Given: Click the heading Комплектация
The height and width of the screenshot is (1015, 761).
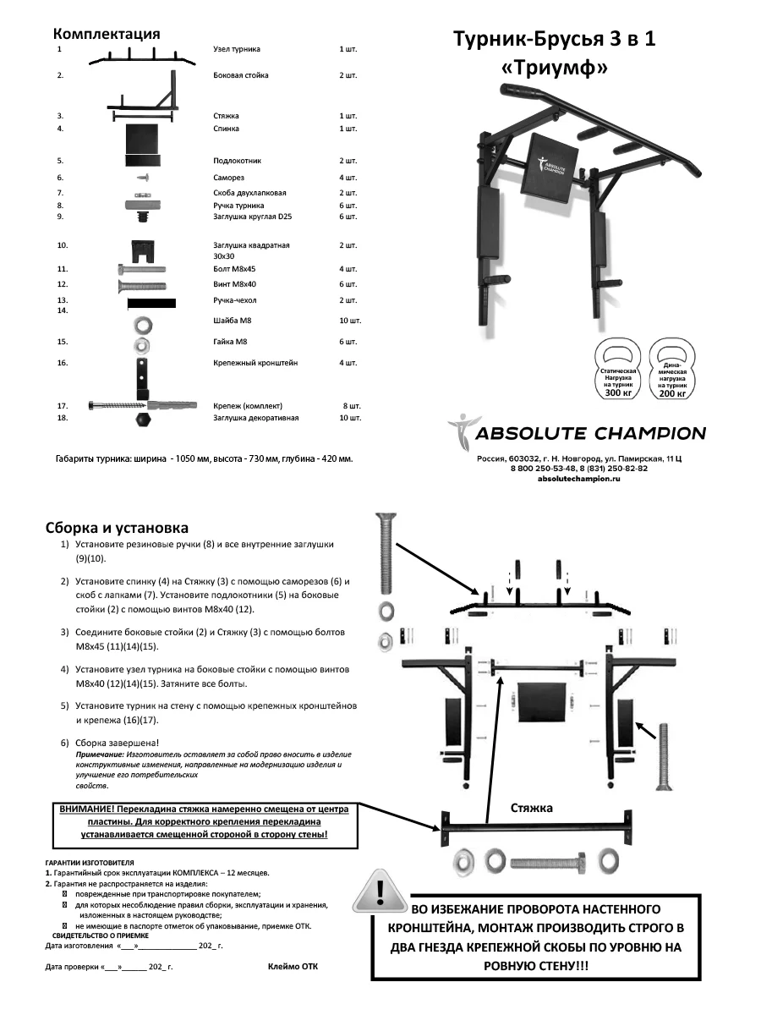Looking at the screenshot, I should point(107,35).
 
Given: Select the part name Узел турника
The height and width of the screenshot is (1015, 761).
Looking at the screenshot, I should point(237,50).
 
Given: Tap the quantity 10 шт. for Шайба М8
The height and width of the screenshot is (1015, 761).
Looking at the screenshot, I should point(349,321).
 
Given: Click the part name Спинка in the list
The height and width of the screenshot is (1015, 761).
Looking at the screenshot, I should point(226,129).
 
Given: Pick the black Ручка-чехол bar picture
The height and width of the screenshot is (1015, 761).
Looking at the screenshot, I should point(151,302).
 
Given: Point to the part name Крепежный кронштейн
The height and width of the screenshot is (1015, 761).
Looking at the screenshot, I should point(255,363).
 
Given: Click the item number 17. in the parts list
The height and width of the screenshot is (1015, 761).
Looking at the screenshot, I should point(62,406).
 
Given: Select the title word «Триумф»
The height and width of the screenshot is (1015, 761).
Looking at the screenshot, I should point(554,70).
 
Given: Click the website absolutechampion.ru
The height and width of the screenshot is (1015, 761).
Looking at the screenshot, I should point(578,479).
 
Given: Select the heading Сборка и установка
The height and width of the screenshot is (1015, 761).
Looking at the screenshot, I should point(117,529).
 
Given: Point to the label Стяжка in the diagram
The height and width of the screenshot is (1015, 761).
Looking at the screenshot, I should point(532,808).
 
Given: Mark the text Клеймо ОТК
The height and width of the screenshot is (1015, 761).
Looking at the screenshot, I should point(294,965).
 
